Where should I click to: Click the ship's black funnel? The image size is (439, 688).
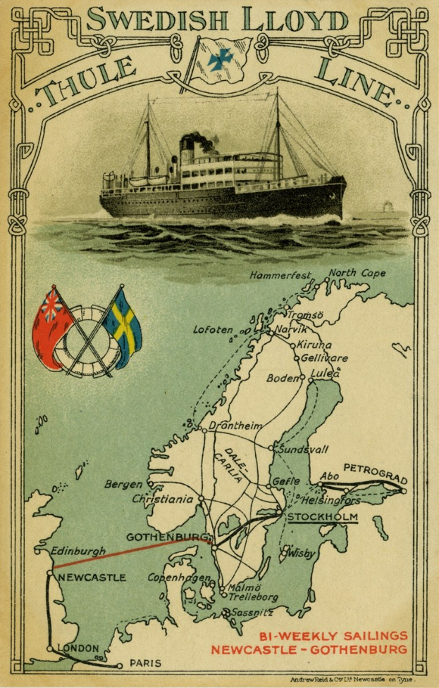click(188, 146)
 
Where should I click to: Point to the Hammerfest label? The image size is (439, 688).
click(279, 276)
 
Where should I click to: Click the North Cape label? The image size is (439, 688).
click(357, 273)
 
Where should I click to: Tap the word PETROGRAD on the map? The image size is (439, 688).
click(374, 472)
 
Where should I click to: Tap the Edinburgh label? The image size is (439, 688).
click(79, 550)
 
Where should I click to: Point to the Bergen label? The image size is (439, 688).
click(124, 484)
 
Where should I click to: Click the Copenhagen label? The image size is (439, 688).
click(180, 578)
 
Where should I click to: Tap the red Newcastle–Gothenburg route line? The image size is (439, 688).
click(127, 554)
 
